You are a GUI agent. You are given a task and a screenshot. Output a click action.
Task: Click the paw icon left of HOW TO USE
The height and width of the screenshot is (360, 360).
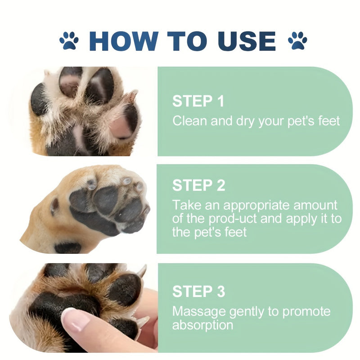click(x=69, y=40)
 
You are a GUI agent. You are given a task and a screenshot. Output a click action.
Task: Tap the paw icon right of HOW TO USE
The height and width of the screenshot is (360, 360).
click(x=297, y=40)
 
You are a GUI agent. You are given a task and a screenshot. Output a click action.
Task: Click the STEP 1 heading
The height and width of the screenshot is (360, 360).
click(x=198, y=102)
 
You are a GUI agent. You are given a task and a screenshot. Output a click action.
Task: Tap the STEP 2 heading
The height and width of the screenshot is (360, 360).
click(x=198, y=185)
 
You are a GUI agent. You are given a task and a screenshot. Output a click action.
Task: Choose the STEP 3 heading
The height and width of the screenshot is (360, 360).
click(x=198, y=292)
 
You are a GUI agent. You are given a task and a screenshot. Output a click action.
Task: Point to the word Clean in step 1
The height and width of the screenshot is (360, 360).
click(x=189, y=121)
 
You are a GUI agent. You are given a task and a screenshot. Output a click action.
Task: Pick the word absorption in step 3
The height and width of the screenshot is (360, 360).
click(x=202, y=325)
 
